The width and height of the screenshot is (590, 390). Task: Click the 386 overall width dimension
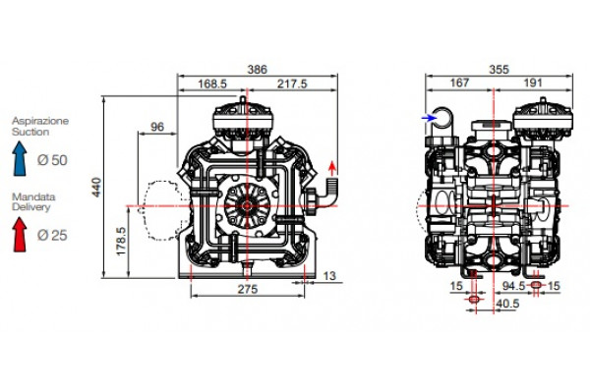point(256,70)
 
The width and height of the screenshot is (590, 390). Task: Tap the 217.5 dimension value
point(291,84)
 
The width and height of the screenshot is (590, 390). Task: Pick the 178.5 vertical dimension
point(122,242)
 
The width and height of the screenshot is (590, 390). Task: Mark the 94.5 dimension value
point(510,287)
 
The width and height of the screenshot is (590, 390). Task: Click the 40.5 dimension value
point(507,304)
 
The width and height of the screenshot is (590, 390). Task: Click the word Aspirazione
point(40,120)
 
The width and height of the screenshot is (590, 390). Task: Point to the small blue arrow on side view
point(427,118)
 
